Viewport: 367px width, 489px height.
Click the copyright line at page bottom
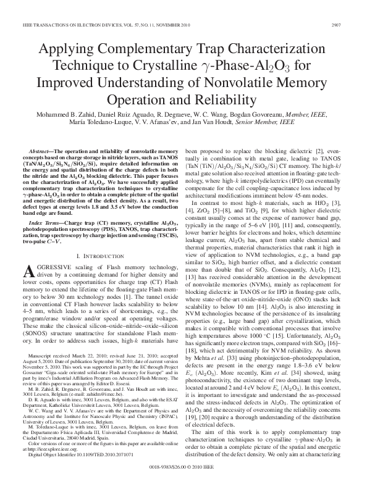183,484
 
